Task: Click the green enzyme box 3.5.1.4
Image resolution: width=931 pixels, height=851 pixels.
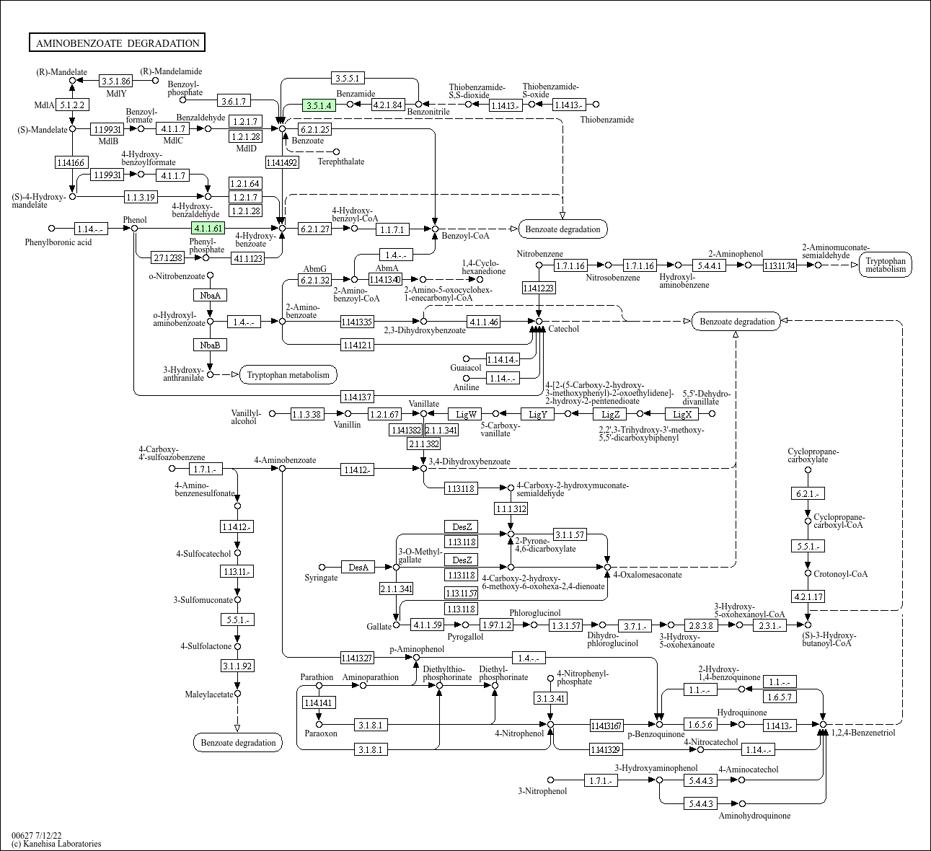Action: tap(319, 105)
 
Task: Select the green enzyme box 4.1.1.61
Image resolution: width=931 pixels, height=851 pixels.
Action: tap(208, 228)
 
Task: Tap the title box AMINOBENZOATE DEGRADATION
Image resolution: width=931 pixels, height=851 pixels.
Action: tap(117, 43)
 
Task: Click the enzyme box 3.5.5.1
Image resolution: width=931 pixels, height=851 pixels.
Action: tap(348, 78)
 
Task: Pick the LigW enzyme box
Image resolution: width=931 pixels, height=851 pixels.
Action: tap(465, 414)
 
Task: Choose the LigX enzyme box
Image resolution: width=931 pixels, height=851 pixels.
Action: tap(681, 414)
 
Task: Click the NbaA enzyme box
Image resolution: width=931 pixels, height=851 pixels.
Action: tap(211, 295)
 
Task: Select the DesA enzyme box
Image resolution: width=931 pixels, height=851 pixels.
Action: tap(358, 567)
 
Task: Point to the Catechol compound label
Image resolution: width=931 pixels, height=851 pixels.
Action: tap(563, 329)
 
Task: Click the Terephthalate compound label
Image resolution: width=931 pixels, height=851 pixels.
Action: tap(340, 162)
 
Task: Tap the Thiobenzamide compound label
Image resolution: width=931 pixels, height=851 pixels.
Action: tap(606, 120)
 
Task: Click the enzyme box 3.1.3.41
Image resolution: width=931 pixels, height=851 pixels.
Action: tap(550, 698)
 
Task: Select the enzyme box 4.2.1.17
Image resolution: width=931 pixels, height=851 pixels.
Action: tap(808, 596)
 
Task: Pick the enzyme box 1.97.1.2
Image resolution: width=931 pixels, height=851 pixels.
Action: tap(497, 625)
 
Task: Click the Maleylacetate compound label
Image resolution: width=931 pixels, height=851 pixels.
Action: tap(209, 695)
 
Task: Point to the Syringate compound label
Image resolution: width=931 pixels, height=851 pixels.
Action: tap(321, 578)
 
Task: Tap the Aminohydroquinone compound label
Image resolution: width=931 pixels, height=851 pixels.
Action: tap(754, 815)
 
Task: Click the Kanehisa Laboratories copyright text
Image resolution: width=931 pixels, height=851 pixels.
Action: tap(56, 844)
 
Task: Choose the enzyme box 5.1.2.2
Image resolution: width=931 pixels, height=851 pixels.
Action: tap(72, 105)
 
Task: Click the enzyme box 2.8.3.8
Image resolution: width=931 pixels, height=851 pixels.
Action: tap(701, 625)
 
